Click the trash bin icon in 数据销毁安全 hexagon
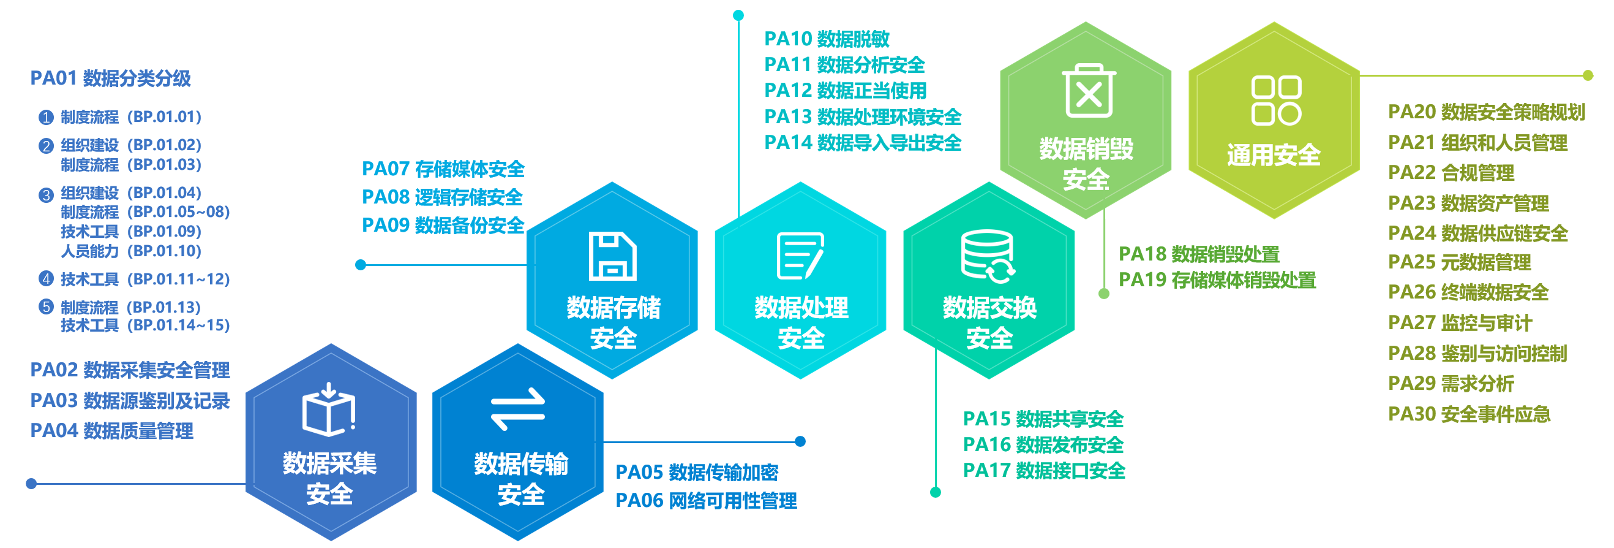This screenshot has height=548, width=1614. (x=1088, y=91)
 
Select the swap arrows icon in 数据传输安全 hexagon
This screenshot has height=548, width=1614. (x=518, y=409)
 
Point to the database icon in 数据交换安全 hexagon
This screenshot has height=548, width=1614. (x=988, y=256)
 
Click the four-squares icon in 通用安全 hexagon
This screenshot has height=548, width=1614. (x=1275, y=101)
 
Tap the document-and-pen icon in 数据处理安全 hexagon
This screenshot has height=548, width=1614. (x=800, y=256)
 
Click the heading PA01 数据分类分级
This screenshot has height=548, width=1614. (x=110, y=78)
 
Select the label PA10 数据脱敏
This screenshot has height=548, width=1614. (x=827, y=39)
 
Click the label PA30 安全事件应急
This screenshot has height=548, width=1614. (x=1469, y=414)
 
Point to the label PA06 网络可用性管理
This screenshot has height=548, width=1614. (x=706, y=500)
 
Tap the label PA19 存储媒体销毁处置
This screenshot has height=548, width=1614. (x=1217, y=280)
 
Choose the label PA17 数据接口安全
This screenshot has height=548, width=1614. (x=1044, y=470)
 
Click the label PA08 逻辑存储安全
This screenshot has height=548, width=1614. (x=441, y=197)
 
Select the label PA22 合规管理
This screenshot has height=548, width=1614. (x=1451, y=172)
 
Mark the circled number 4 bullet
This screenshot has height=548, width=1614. (x=46, y=278)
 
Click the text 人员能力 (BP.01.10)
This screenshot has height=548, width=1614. (x=131, y=251)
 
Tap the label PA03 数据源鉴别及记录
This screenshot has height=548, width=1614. (x=130, y=401)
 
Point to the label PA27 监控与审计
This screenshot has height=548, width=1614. (x=1460, y=323)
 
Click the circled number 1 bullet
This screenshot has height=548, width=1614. (x=46, y=116)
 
